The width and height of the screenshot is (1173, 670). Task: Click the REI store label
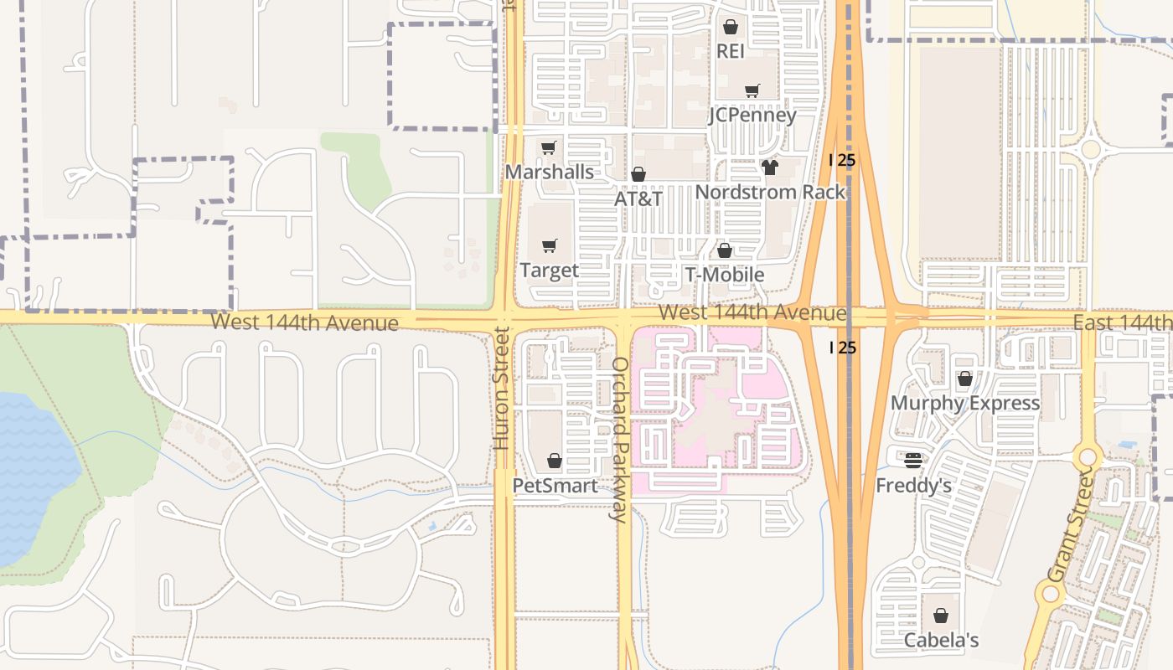point(730,51)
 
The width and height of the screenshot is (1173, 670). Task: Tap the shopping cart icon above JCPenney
point(752,90)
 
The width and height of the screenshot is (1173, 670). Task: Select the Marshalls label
point(549,172)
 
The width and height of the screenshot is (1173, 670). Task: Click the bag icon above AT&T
point(638,174)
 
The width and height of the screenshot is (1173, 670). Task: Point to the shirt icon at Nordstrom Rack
point(770,167)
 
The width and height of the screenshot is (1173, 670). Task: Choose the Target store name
point(549,270)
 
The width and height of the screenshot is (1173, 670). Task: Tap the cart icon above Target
point(550,245)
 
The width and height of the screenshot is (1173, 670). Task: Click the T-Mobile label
point(725,275)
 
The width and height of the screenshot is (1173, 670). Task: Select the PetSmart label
point(555,486)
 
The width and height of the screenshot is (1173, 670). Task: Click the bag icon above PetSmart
point(554,461)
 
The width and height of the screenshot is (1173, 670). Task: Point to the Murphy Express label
point(964,403)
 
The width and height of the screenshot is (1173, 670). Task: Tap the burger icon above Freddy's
point(913,460)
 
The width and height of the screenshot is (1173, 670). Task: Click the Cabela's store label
point(941,641)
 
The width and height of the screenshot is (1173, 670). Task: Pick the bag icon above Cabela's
point(941,616)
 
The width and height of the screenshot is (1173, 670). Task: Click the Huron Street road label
point(502,388)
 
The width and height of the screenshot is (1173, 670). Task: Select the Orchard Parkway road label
point(620,440)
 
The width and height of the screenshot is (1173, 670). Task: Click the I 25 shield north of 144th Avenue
point(842,159)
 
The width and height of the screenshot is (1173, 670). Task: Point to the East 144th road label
point(1123,322)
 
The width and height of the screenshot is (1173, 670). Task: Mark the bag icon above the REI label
point(730,27)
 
